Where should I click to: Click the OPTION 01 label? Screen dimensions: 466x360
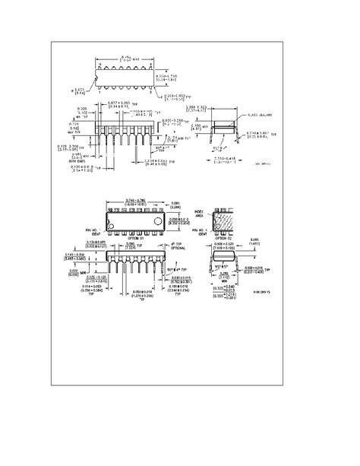137,239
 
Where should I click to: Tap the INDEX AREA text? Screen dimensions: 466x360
201,214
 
